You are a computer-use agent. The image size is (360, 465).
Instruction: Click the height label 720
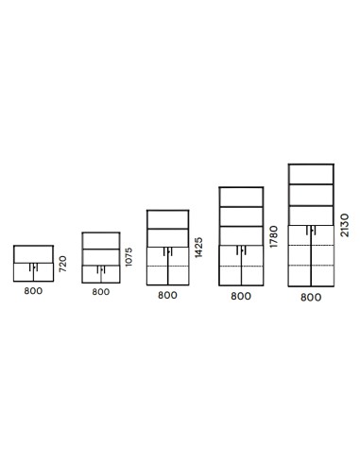62,266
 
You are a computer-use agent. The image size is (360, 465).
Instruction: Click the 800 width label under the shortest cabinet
33,292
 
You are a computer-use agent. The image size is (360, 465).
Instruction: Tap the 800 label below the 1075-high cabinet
101,292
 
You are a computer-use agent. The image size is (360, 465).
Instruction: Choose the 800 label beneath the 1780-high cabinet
240,296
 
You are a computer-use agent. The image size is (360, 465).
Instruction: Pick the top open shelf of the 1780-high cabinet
240,196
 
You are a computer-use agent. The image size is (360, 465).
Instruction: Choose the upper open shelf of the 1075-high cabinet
101,240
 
